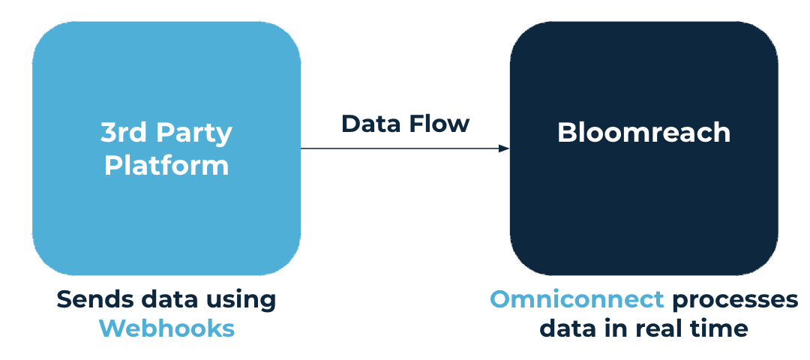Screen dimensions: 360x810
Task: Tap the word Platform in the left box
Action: pyautogui.click(x=166, y=164)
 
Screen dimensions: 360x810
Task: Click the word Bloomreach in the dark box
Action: pyautogui.click(x=643, y=133)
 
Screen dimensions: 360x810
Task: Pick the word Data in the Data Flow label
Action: pyautogui.click(x=368, y=123)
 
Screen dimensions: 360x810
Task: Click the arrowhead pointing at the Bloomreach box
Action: pyautogui.click(x=504, y=148)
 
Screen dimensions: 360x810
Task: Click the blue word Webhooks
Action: pyautogui.click(x=166, y=328)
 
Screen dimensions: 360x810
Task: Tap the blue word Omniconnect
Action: pyautogui.click(x=577, y=299)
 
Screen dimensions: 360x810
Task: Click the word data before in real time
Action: pyautogui.click(x=569, y=328)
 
